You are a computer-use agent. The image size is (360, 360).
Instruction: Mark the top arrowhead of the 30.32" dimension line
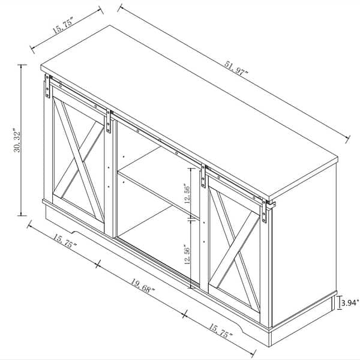click(x=23, y=65)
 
